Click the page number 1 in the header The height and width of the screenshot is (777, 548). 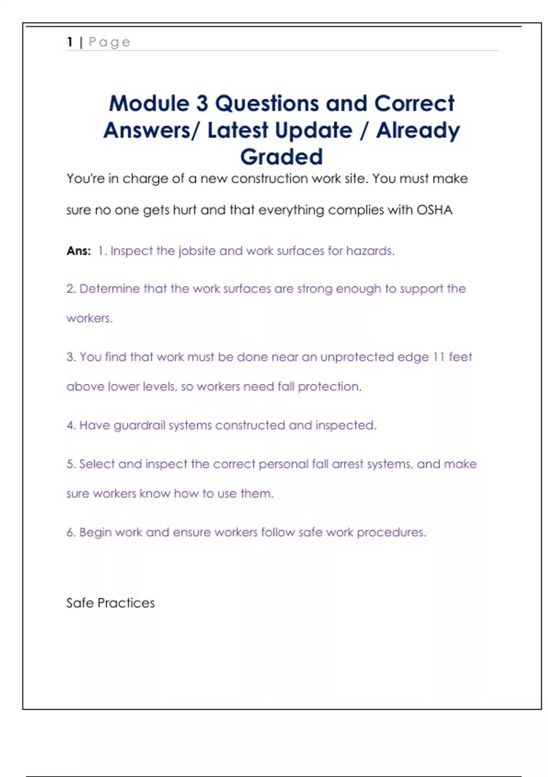coord(70,42)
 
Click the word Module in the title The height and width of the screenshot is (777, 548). coord(149,103)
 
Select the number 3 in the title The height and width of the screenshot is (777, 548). coord(202,103)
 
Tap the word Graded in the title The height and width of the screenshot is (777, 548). coord(281,157)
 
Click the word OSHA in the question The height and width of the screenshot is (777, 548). coord(434,210)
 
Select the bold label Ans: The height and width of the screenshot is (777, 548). coord(79,251)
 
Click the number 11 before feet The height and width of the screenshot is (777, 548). coord(438,357)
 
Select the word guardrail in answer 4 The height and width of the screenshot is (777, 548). coord(139,426)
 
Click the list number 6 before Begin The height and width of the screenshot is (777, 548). coord(70,532)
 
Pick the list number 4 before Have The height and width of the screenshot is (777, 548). coord(70,426)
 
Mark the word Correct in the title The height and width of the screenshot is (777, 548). coord(414,103)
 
